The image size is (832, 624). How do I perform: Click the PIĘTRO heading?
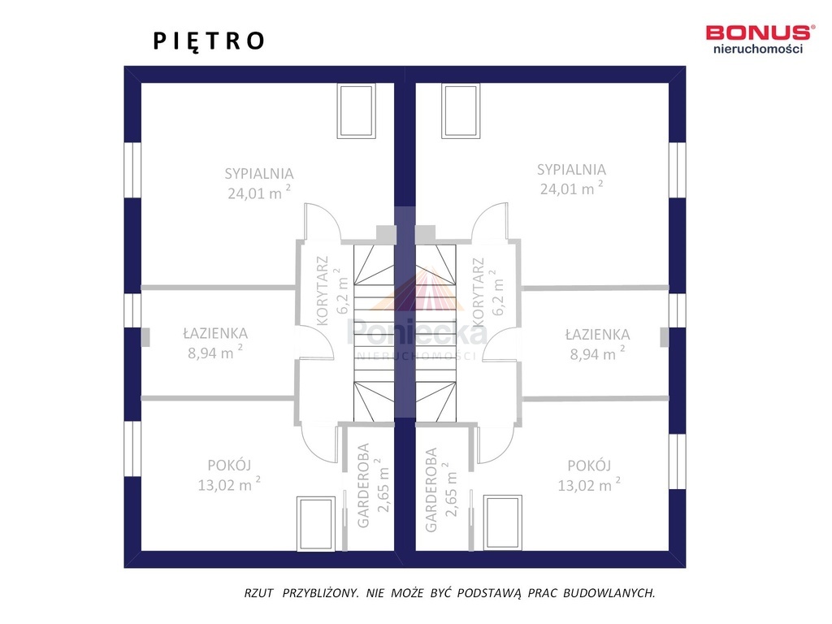[209, 41]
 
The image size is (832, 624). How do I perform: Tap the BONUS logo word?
[760, 32]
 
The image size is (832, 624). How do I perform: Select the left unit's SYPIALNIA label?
[259, 174]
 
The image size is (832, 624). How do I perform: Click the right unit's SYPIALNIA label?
[571, 169]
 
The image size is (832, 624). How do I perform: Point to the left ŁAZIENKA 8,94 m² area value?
[214, 353]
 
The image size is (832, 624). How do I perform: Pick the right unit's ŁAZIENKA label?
[597, 334]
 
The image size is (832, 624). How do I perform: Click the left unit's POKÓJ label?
[229, 465]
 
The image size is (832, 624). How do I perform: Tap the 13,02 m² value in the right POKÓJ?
[589, 485]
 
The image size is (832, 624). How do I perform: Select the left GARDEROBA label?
[363, 486]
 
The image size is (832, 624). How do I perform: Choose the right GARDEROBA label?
[431, 490]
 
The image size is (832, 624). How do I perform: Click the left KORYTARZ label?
[322, 291]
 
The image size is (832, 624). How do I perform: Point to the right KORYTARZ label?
[478, 292]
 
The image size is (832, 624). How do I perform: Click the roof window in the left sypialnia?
[357, 110]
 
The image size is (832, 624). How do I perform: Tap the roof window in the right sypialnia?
[461, 110]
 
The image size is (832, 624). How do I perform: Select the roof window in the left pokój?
[316, 524]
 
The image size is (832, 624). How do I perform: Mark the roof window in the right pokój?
[502, 522]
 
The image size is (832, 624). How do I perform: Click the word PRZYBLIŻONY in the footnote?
[321, 593]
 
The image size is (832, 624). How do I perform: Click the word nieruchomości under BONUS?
[758, 49]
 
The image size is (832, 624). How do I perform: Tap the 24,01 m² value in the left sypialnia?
[259, 193]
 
